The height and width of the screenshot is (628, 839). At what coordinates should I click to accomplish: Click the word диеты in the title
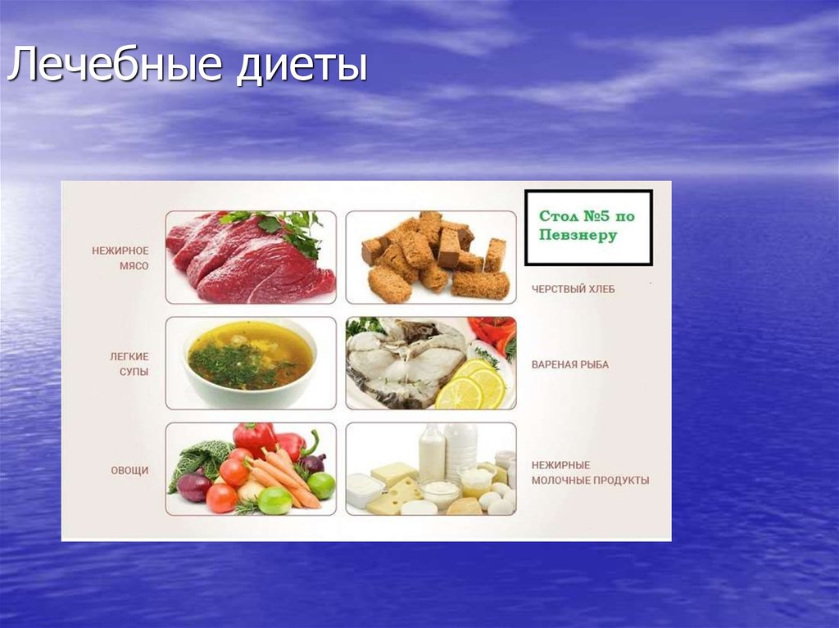pyautogui.click(x=302, y=66)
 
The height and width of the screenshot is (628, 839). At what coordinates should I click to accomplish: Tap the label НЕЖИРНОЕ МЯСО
pyautogui.click(x=120, y=258)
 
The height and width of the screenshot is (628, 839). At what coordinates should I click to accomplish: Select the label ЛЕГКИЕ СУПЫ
pyautogui.click(x=129, y=364)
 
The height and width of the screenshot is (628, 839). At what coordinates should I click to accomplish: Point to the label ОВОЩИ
pyautogui.click(x=129, y=471)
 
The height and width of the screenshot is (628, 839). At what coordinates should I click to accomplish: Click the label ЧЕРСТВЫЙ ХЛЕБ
pyautogui.click(x=573, y=289)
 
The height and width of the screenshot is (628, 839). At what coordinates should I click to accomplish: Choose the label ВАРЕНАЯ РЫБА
pyautogui.click(x=570, y=365)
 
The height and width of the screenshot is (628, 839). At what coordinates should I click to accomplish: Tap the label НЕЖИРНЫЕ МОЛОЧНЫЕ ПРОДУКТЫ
pyautogui.click(x=590, y=473)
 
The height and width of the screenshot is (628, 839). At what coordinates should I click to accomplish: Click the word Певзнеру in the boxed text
pyautogui.click(x=578, y=236)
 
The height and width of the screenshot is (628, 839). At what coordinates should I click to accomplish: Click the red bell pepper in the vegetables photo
pyautogui.click(x=254, y=438)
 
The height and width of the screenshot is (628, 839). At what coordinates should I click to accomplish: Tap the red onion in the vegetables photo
pyautogui.click(x=193, y=486)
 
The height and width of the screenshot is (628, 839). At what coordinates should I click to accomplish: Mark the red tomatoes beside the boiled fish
pyautogui.click(x=494, y=332)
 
